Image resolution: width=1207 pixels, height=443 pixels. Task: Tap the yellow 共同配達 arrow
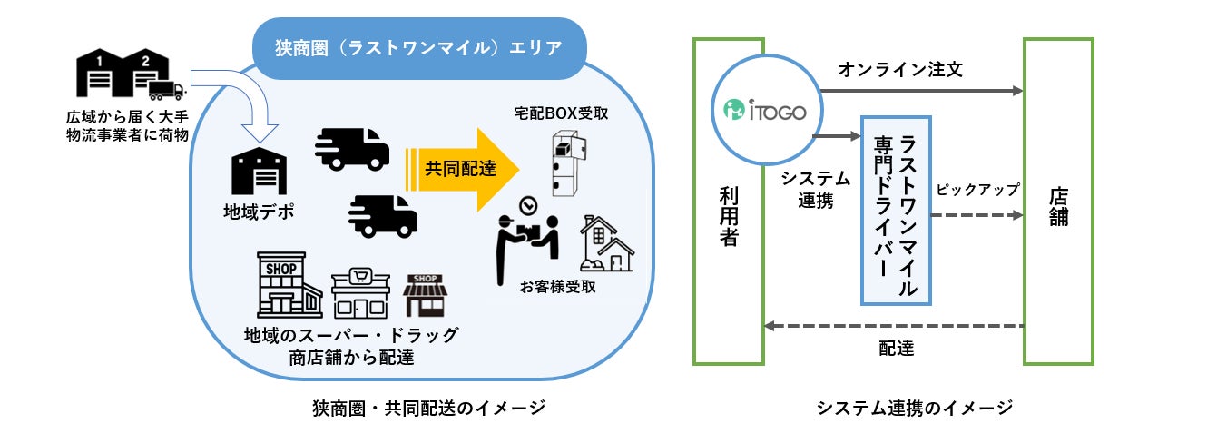pyautogui.click(x=464, y=166)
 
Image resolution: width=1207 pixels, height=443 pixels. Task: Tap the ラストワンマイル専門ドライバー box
pyautogui.click(x=896, y=209)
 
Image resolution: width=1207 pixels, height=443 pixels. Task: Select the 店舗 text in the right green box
pyautogui.click(x=1058, y=206)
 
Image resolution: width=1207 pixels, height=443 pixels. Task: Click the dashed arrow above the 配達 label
pyautogui.click(x=893, y=326)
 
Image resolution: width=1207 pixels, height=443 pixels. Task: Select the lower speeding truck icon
pyautogui.click(x=382, y=213)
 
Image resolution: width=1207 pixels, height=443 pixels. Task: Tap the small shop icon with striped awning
pyautogui.click(x=426, y=295)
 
